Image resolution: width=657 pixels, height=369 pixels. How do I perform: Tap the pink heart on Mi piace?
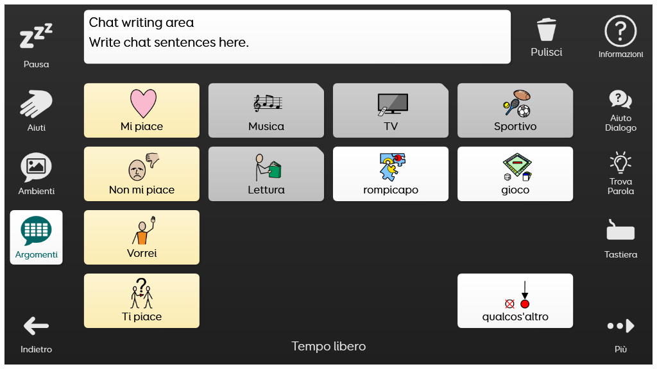point(143,103)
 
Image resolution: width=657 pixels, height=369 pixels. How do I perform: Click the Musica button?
point(266,110)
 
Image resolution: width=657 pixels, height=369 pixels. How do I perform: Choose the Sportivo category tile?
point(515,110)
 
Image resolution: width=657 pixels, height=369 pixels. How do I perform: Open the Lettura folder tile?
point(266,174)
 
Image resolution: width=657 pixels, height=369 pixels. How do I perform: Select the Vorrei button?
point(142,237)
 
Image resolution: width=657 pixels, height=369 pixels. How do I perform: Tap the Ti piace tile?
point(142,301)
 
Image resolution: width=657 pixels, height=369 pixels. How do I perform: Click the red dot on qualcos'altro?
point(525,304)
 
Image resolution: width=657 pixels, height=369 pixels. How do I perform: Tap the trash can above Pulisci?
point(547,29)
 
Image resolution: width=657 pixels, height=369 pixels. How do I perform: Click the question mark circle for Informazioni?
point(620,31)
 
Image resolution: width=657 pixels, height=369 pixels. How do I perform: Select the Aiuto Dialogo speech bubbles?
point(620,99)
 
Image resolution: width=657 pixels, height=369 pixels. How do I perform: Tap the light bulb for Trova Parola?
point(620,162)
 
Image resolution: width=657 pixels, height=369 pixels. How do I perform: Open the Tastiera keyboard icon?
point(620,230)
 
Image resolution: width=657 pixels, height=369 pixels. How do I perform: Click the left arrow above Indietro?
point(36,326)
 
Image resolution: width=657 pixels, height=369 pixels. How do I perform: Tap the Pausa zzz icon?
point(36,36)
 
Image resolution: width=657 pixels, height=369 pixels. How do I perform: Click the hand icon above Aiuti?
point(36,104)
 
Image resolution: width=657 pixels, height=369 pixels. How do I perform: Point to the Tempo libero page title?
point(328,347)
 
